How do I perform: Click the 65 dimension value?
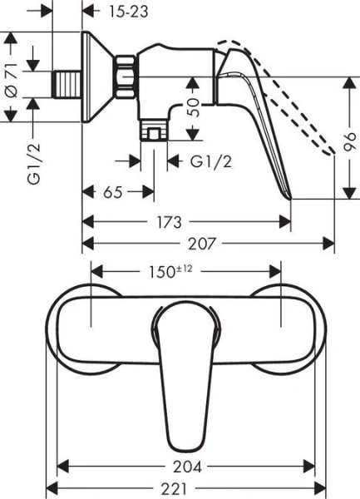point(114,193)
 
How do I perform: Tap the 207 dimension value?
point(205,244)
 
